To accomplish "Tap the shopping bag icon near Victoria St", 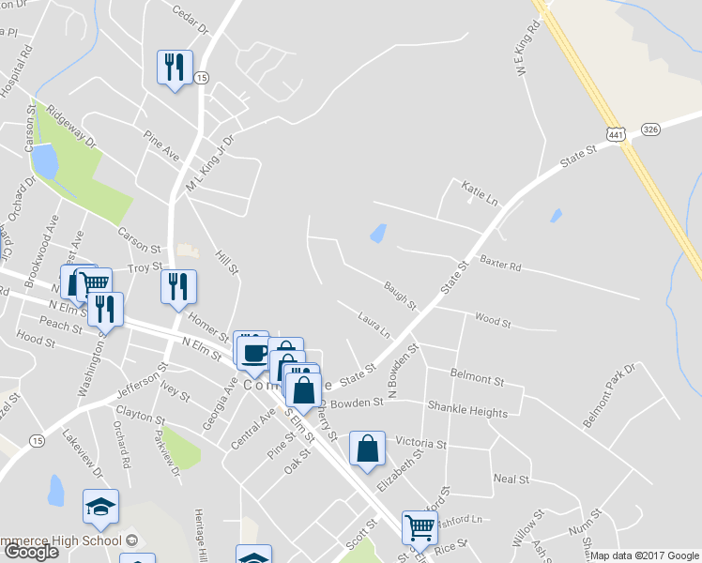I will pos(367,449).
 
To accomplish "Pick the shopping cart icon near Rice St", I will pos(419,526).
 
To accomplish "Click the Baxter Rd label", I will pos(500,263).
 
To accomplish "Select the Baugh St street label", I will pos(400,293).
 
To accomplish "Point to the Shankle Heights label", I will pos(467,412).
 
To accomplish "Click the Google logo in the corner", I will pos(32,552).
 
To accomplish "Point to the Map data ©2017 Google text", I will pos(644,555).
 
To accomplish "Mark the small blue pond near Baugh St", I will pos(378,233).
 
